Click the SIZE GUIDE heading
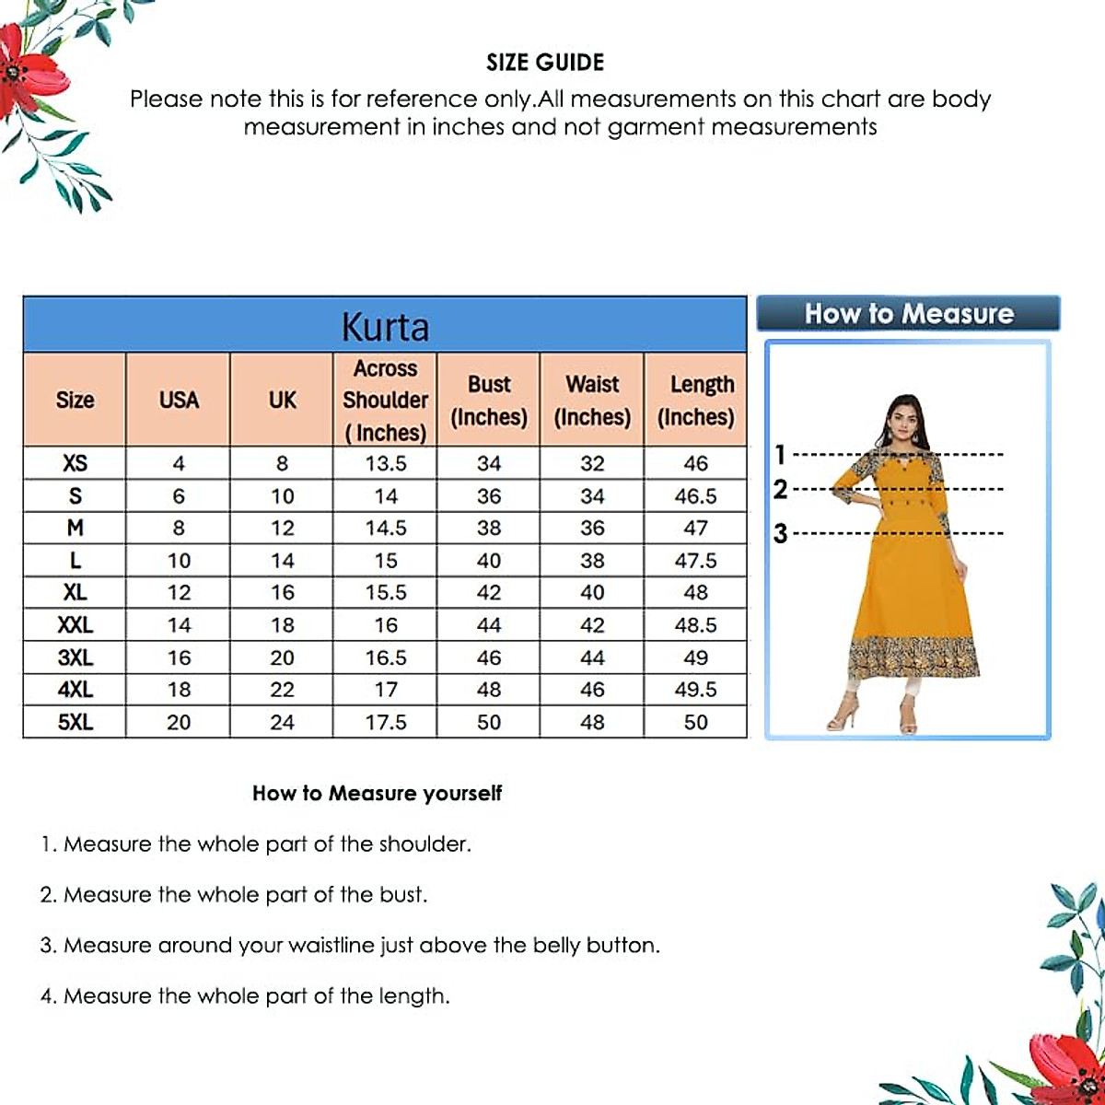pyautogui.click(x=545, y=63)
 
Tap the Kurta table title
pyautogui.click(x=385, y=327)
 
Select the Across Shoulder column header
pyautogui.click(x=385, y=400)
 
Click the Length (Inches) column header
pyautogui.click(x=695, y=400)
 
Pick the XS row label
pyautogui.click(x=75, y=463)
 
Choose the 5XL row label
pyautogui.click(x=75, y=722)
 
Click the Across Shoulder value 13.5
pyautogui.click(x=385, y=463)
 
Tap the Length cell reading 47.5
pyautogui.click(x=695, y=561)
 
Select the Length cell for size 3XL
pyautogui.click(x=695, y=657)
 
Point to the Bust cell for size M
pyautogui.click(x=489, y=529)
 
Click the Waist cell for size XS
pyautogui.click(x=592, y=463)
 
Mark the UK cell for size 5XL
pyautogui.click(x=282, y=722)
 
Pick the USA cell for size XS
pyautogui.click(x=179, y=463)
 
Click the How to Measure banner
pyautogui.click(x=908, y=313)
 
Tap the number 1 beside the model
pyautogui.click(x=781, y=454)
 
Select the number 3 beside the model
pyautogui.click(x=781, y=533)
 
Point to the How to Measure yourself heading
pyautogui.click(x=377, y=793)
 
